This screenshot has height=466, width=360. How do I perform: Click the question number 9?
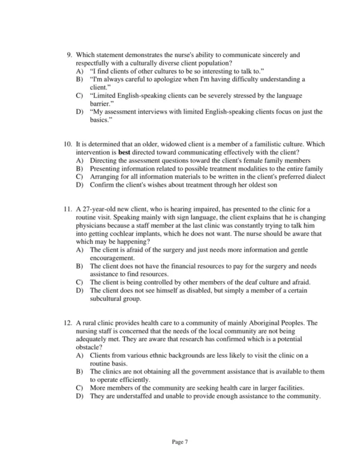tap(69, 55)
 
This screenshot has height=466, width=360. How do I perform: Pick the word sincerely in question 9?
tap(272, 55)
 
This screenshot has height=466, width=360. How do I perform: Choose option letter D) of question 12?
tap(79, 396)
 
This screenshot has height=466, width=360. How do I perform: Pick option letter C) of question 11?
tap(79, 282)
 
